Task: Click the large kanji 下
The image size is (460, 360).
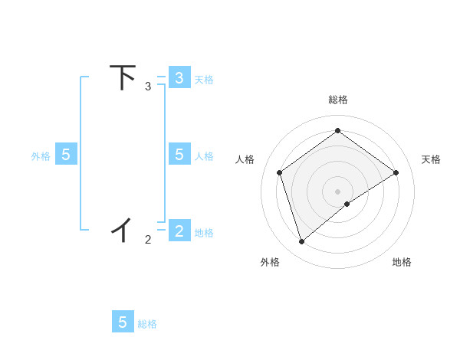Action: [x=123, y=77]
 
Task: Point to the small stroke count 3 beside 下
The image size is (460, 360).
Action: [x=148, y=87]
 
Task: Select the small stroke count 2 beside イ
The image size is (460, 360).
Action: [x=148, y=240]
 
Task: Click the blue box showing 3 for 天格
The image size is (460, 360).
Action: [x=179, y=77]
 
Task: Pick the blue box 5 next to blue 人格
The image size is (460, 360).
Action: [x=179, y=155]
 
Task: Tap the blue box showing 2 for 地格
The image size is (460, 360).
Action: [x=179, y=231]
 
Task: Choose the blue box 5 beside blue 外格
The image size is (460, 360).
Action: [x=66, y=155]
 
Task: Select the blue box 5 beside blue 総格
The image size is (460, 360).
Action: [x=123, y=322]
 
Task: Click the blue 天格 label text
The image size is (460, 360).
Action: [x=204, y=79]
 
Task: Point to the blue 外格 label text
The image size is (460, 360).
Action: [x=41, y=156]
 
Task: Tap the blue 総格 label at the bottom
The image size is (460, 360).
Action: [x=147, y=324]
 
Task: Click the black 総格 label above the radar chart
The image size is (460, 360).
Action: [x=337, y=100]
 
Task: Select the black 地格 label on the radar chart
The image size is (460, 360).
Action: [x=402, y=263]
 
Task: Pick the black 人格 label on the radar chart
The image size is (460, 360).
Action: [x=245, y=159]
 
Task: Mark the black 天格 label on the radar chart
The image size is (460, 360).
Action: [x=431, y=159]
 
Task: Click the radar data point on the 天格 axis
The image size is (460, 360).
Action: [x=396, y=172]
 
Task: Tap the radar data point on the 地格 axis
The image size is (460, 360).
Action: [x=347, y=204]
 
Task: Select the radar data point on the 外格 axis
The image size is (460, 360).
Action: [x=301, y=242]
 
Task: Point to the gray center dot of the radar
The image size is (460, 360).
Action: [x=337, y=191]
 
